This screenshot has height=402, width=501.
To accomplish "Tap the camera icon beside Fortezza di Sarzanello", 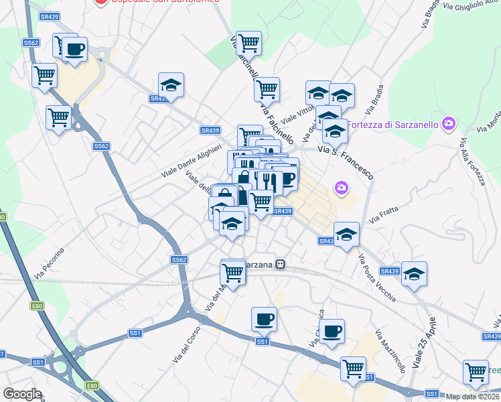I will (x=448, y=123).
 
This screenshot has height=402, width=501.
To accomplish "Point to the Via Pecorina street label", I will (x=50, y=263).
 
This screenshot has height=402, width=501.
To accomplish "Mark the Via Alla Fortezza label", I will (x=472, y=161).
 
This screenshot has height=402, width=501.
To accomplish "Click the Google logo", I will (x=22, y=394).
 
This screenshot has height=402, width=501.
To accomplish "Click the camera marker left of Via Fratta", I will (x=342, y=188).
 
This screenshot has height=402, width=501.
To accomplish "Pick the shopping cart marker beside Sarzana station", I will (x=232, y=272).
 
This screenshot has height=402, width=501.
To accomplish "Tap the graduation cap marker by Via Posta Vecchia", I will (x=346, y=234).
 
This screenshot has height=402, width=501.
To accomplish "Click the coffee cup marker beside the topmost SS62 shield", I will (x=74, y=49).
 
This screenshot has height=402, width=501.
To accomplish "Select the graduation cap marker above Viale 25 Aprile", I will (x=415, y=273).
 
